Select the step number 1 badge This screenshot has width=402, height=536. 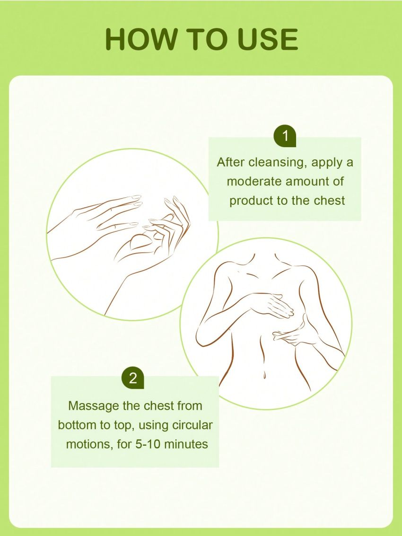(x=285, y=136)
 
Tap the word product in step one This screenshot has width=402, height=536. (x=251, y=200)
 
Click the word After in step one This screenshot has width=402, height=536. (x=231, y=162)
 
